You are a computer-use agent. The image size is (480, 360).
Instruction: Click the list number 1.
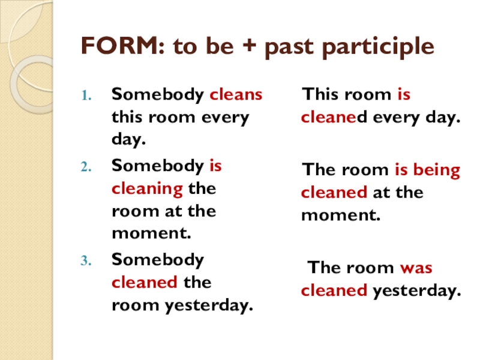coord(85,95)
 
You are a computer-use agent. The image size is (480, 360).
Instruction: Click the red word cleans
coord(236,95)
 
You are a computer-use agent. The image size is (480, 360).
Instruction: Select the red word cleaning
coord(147,189)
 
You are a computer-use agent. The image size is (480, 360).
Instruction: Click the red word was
coord(415,268)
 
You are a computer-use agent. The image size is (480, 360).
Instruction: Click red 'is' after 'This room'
coord(403,95)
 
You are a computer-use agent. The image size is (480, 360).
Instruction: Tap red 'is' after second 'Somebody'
coord(215,166)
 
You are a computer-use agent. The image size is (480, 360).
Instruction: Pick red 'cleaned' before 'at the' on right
coord(334,193)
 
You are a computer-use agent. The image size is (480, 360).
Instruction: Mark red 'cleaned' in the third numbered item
coord(144,283)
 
